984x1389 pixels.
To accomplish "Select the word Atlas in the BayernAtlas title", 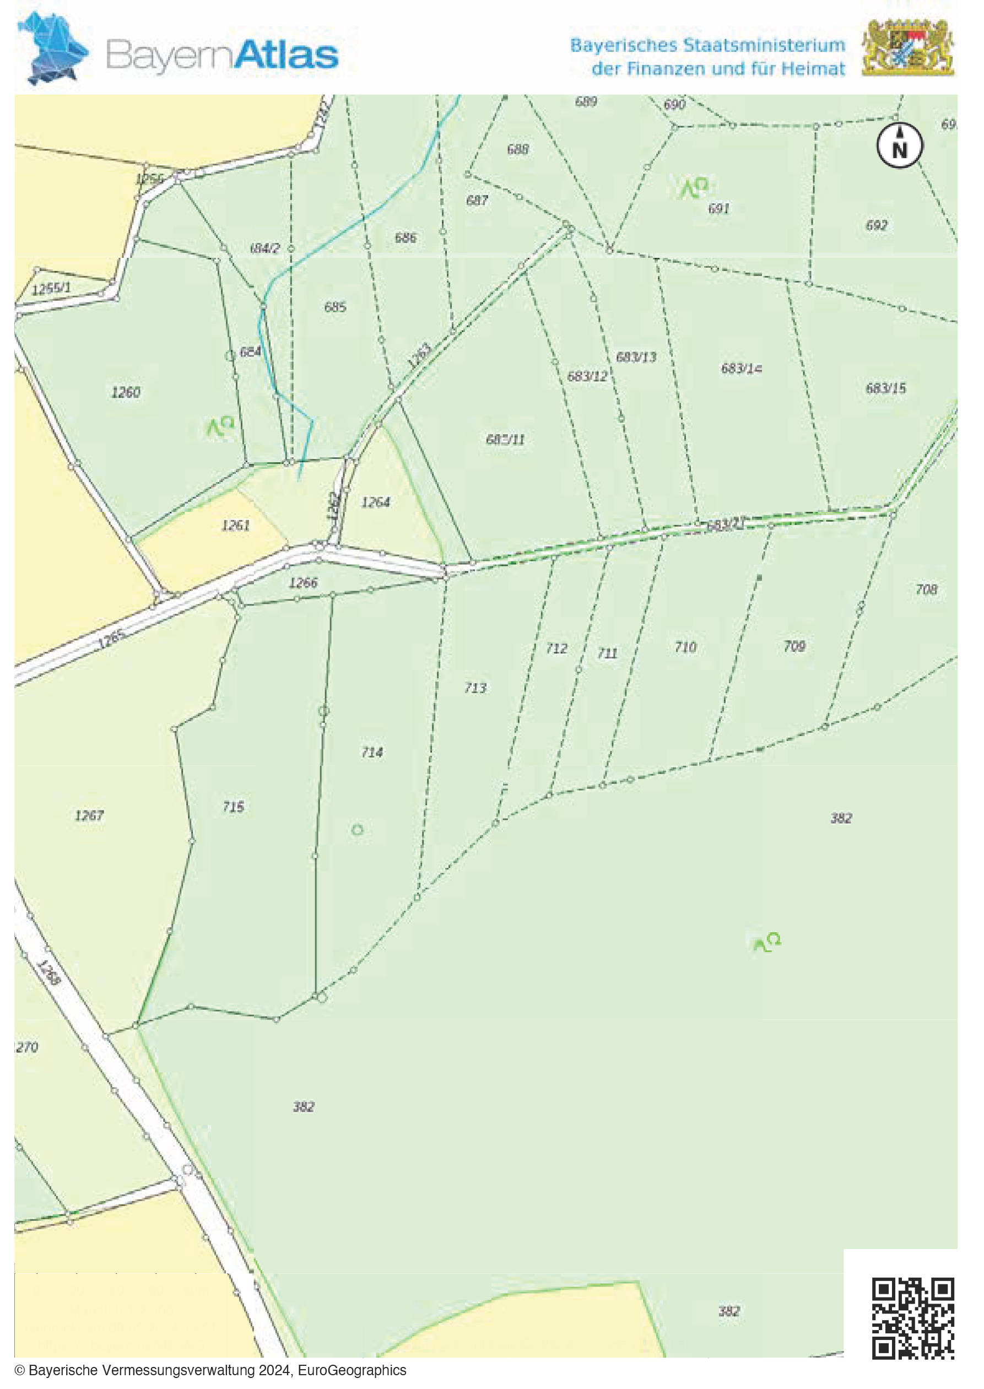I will point(286,55).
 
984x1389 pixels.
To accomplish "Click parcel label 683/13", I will point(636,357).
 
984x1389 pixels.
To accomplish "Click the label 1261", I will point(236,525).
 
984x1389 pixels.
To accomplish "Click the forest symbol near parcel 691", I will point(694,187).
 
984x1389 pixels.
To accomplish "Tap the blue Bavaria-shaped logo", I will point(53,48).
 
